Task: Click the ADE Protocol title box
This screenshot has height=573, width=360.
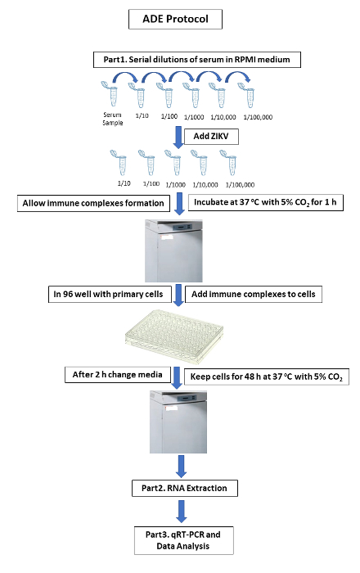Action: tap(175, 19)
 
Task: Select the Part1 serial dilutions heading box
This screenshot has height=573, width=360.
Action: tap(197, 60)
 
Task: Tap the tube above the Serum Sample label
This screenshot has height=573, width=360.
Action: tap(109, 93)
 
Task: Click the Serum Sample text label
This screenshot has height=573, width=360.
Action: tap(112, 119)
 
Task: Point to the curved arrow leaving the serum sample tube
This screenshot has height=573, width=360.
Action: tap(125, 74)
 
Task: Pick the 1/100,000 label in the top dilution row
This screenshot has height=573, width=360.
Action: tap(258, 117)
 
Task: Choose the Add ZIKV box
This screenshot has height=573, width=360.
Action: tap(211, 137)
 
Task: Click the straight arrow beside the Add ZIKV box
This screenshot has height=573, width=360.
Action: tap(178, 138)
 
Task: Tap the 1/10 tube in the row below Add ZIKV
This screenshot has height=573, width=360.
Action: tap(119, 163)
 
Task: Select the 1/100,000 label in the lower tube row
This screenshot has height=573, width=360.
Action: tap(240, 185)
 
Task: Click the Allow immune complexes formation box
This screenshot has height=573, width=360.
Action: tap(93, 203)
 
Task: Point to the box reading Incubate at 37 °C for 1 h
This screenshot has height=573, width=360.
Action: tap(265, 202)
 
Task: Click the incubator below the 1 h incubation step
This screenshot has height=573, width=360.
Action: tap(173, 250)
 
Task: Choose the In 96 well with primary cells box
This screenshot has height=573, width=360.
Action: tap(110, 294)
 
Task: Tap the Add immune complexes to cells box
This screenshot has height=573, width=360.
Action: tap(254, 294)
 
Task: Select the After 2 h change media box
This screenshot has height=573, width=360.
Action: tap(118, 375)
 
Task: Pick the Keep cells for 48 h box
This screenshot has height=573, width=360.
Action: tap(267, 377)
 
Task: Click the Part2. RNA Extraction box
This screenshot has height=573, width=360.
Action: tap(185, 488)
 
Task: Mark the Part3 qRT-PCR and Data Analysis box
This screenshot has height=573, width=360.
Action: tap(183, 540)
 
